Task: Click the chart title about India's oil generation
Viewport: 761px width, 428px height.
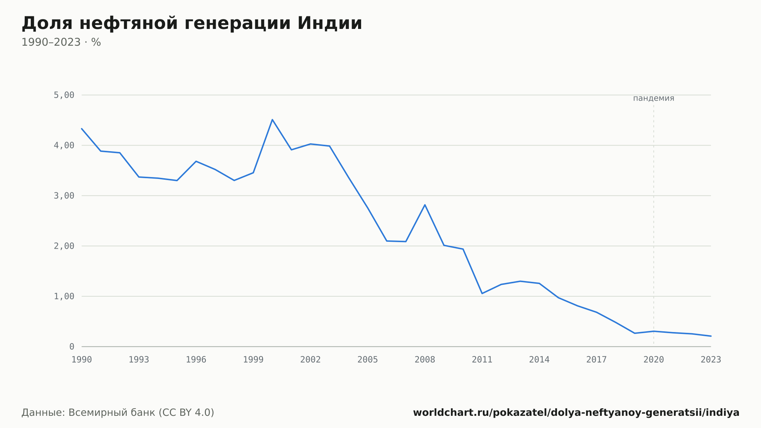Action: click(x=192, y=23)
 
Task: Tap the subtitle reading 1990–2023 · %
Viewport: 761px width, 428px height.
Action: click(x=61, y=42)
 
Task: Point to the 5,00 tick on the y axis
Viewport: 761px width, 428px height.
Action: click(x=64, y=95)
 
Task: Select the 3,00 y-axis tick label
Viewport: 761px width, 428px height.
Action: click(x=64, y=196)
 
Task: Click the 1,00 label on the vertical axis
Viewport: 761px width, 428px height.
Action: click(x=64, y=296)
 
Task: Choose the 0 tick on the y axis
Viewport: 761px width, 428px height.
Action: click(x=72, y=347)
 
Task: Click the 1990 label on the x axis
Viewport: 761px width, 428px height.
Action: click(x=82, y=359)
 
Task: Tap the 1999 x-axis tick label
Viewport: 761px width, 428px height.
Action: click(x=253, y=359)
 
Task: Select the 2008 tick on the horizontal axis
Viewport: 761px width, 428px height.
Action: click(x=425, y=359)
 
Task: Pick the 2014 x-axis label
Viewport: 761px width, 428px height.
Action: click(x=539, y=359)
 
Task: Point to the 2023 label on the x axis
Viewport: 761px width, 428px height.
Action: click(x=711, y=359)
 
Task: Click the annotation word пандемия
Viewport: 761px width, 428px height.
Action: click(x=654, y=98)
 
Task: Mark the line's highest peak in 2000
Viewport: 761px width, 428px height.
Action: click(x=272, y=120)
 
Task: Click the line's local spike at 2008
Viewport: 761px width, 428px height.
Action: click(x=425, y=205)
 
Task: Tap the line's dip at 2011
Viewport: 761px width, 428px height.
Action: click(x=482, y=293)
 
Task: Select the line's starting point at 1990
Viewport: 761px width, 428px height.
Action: click(x=82, y=129)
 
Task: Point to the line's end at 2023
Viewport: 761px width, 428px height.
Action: click(x=711, y=336)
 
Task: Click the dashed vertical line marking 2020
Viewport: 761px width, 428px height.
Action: click(x=654, y=225)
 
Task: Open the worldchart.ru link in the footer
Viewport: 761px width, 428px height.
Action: click(x=576, y=413)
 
